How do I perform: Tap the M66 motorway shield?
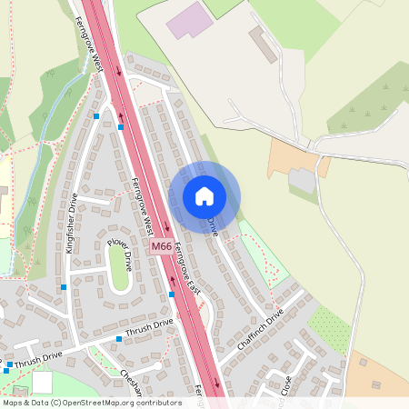tap(161, 246)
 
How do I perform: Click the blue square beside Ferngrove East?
tap(172, 294)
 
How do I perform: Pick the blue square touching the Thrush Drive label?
tap(118, 339)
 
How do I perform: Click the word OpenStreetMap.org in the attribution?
tap(95, 402)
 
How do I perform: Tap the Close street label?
tap(285, 384)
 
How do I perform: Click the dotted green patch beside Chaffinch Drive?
tap(328, 330)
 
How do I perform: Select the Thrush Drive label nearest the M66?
tap(150, 328)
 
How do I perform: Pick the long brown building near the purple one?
tap(264, 43)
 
